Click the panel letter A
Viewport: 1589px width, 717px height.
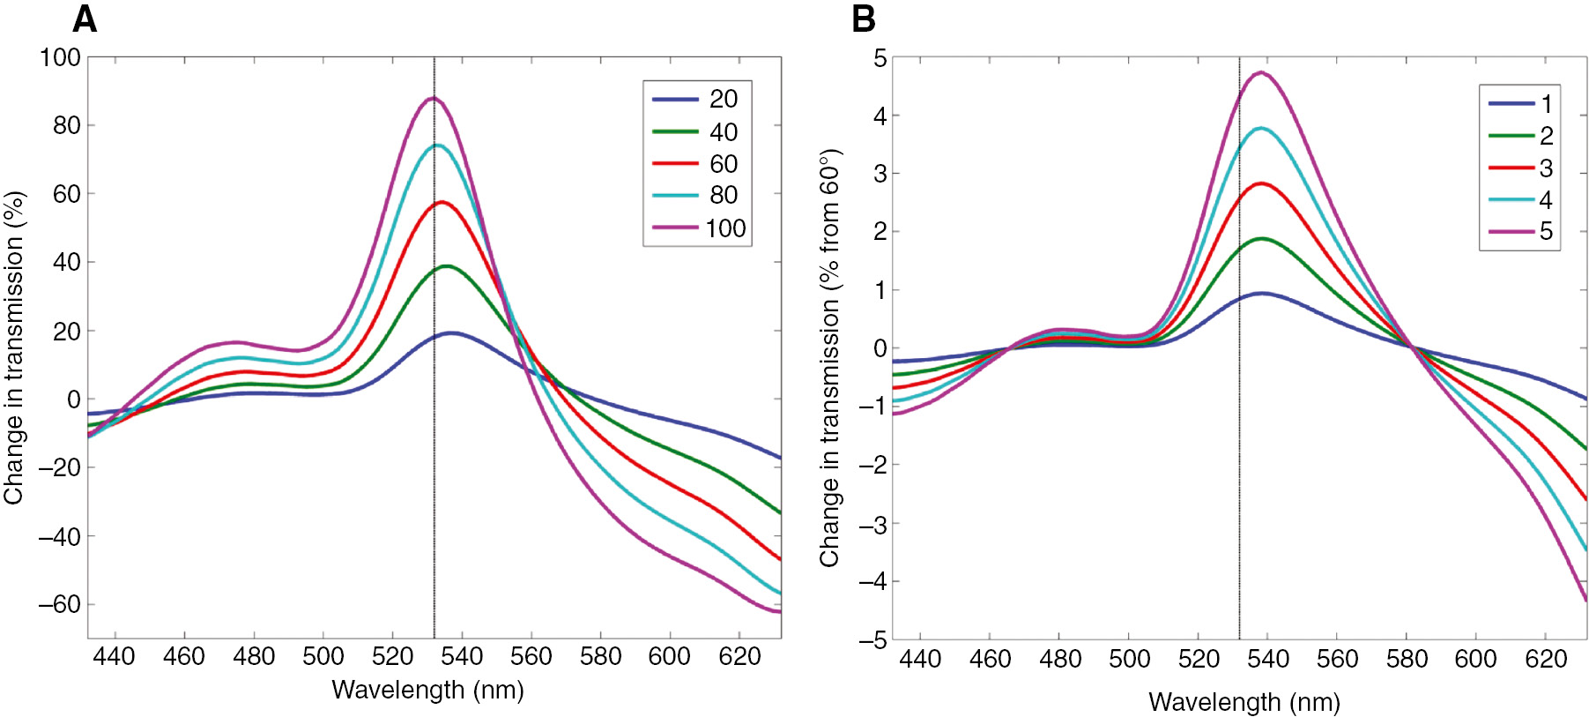click(x=85, y=19)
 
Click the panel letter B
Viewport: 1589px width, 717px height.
click(x=864, y=19)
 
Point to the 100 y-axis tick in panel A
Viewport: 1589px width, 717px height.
click(x=60, y=57)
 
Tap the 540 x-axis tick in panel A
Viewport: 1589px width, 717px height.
click(x=462, y=656)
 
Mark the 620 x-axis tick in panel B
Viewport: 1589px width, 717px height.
click(x=1545, y=659)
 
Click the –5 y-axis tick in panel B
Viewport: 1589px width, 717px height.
click(x=873, y=640)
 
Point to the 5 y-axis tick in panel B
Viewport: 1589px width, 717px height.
click(x=880, y=58)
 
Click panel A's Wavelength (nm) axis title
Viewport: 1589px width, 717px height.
click(x=427, y=690)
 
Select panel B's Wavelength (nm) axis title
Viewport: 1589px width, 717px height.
click(x=1244, y=702)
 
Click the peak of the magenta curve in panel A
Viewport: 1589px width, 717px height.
click(x=433, y=99)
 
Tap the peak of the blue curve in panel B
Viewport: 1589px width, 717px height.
click(x=1263, y=294)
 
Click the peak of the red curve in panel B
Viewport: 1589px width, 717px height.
click(x=1262, y=183)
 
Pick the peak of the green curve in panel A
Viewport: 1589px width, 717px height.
click(x=447, y=265)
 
